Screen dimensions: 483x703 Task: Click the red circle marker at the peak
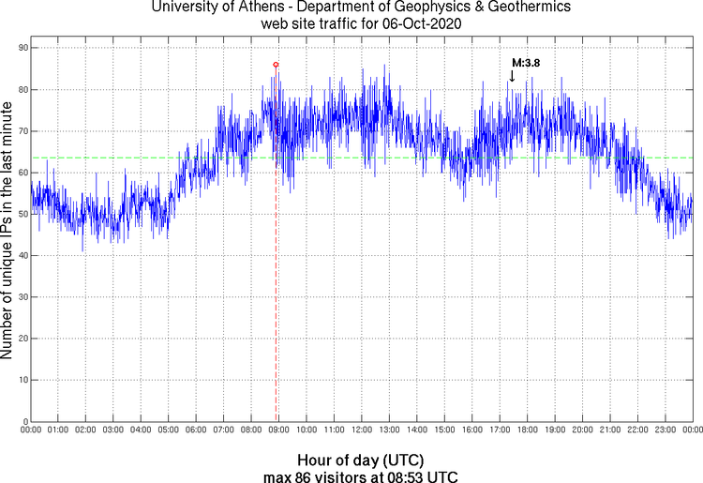tap(276, 64)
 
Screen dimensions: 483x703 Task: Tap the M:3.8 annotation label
tap(525, 64)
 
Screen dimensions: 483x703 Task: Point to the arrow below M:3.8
tap(512, 76)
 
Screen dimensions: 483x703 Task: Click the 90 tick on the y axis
tap(22, 48)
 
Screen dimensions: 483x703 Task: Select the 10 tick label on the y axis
tap(22, 380)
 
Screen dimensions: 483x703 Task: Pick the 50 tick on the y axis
tap(22, 214)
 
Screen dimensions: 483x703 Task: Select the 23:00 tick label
tap(666, 430)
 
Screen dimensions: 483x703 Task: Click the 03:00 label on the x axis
tap(113, 430)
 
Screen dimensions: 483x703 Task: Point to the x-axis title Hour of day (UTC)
tap(361, 460)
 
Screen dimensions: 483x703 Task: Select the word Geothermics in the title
tap(508, 8)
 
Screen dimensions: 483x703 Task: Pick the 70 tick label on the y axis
tap(22, 131)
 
